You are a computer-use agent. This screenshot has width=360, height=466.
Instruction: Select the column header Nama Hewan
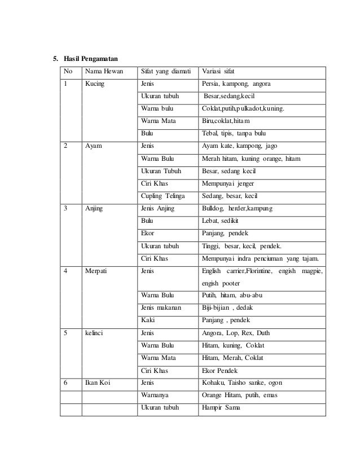click(104, 72)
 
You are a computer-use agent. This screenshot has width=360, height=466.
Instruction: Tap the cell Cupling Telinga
click(163, 196)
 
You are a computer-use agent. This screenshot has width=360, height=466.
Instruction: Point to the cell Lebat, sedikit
click(221, 221)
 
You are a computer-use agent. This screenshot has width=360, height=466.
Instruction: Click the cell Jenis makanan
click(161, 307)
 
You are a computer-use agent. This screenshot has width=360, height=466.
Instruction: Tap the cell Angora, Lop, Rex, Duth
click(231, 333)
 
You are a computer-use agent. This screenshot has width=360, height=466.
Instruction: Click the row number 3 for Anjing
click(66, 208)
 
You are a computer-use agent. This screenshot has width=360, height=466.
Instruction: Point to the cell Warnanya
click(155, 395)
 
